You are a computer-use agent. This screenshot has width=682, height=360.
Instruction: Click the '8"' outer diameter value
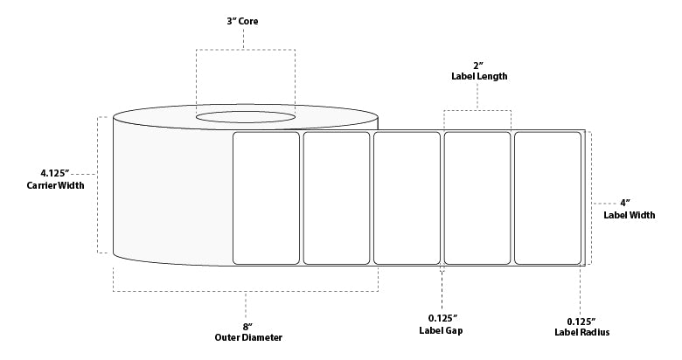247,325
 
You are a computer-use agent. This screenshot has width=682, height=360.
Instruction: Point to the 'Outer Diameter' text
247,337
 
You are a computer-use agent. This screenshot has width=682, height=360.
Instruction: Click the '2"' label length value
477,65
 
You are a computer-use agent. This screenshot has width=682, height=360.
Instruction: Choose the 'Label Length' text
477,77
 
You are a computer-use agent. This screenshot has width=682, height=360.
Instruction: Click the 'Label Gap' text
442,331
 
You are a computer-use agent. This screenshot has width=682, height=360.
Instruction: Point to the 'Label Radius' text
581,332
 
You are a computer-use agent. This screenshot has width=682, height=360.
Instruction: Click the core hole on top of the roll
245,116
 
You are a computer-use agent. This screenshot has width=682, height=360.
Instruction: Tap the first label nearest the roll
267,197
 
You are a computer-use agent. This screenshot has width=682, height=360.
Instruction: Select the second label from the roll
337,197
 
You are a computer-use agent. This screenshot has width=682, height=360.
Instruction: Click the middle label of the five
407,197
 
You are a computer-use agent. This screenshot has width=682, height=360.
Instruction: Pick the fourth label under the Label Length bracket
477,197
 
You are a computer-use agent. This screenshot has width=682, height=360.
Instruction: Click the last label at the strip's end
547,197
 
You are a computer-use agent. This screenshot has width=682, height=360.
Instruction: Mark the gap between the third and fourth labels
442,197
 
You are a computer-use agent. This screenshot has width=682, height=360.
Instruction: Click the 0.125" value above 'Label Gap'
442,319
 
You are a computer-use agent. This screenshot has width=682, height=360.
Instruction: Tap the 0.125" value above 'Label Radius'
581,320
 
